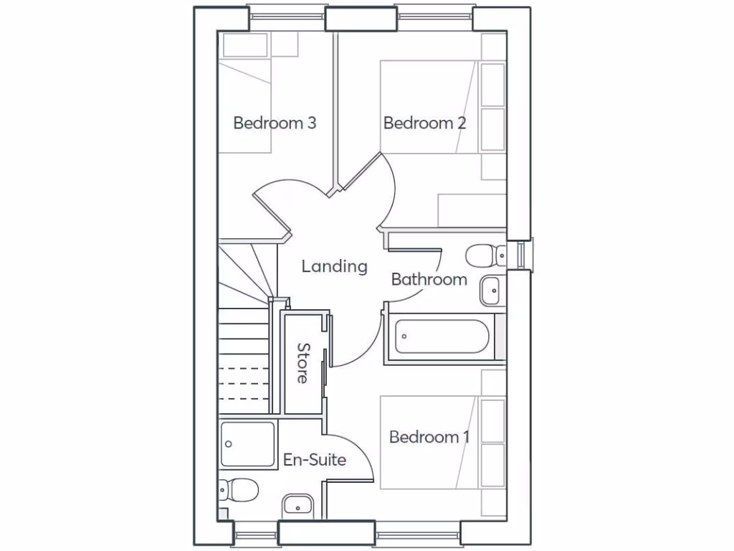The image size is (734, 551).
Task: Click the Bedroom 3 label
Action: (x=275, y=123)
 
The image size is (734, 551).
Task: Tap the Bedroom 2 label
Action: (x=424, y=123)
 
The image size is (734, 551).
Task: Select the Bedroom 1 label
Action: (x=429, y=436)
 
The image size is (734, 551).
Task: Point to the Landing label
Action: (x=334, y=267)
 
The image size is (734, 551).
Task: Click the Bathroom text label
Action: (x=429, y=279)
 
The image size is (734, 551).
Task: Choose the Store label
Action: (x=303, y=363)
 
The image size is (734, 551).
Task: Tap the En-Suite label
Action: (x=315, y=460)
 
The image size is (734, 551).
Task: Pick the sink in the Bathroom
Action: (x=492, y=290)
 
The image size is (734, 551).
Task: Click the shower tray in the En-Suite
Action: (x=247, y=444)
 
